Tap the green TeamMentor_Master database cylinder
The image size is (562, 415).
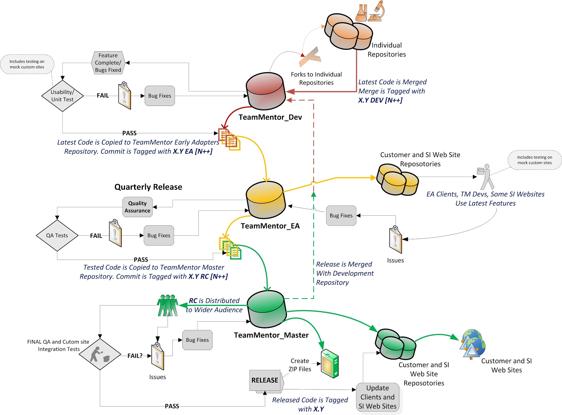(x=266, y=308)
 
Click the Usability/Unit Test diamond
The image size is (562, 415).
(x=63, y=96)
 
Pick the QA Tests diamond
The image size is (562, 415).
(x=57, y=235)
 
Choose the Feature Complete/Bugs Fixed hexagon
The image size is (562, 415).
(x=108, y=63)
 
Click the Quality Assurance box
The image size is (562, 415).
(x=137, y=207)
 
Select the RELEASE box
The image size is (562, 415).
(x=265, y=380)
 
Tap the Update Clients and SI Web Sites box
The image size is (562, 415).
(x=378, y=397)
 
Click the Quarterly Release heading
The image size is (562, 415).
(x=148, y=187)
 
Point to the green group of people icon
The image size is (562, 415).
(x=168, y=306)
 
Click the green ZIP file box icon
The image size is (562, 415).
(x=330, y=363)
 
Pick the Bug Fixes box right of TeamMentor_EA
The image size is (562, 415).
(x=341, y=216)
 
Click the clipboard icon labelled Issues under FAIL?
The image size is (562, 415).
(x=157, y=356)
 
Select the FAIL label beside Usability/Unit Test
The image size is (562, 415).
(x=103, y=95)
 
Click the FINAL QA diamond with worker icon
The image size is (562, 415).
(x=100, y=354)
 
